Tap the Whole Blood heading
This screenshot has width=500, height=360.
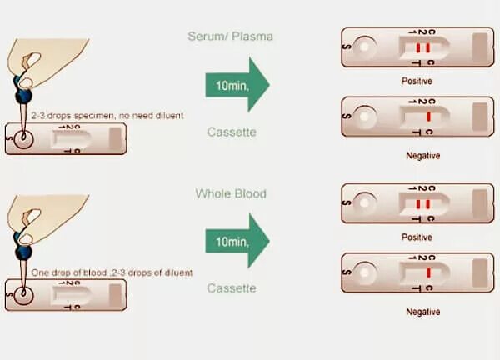(x=231, y=193)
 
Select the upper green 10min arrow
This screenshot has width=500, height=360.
(x=237, y=85)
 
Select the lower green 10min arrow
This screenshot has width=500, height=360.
(x=237, y=241)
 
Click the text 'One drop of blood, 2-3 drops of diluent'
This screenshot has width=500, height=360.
(x=112, y=272)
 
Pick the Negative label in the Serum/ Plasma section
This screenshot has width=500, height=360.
(x=422, y=155)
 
